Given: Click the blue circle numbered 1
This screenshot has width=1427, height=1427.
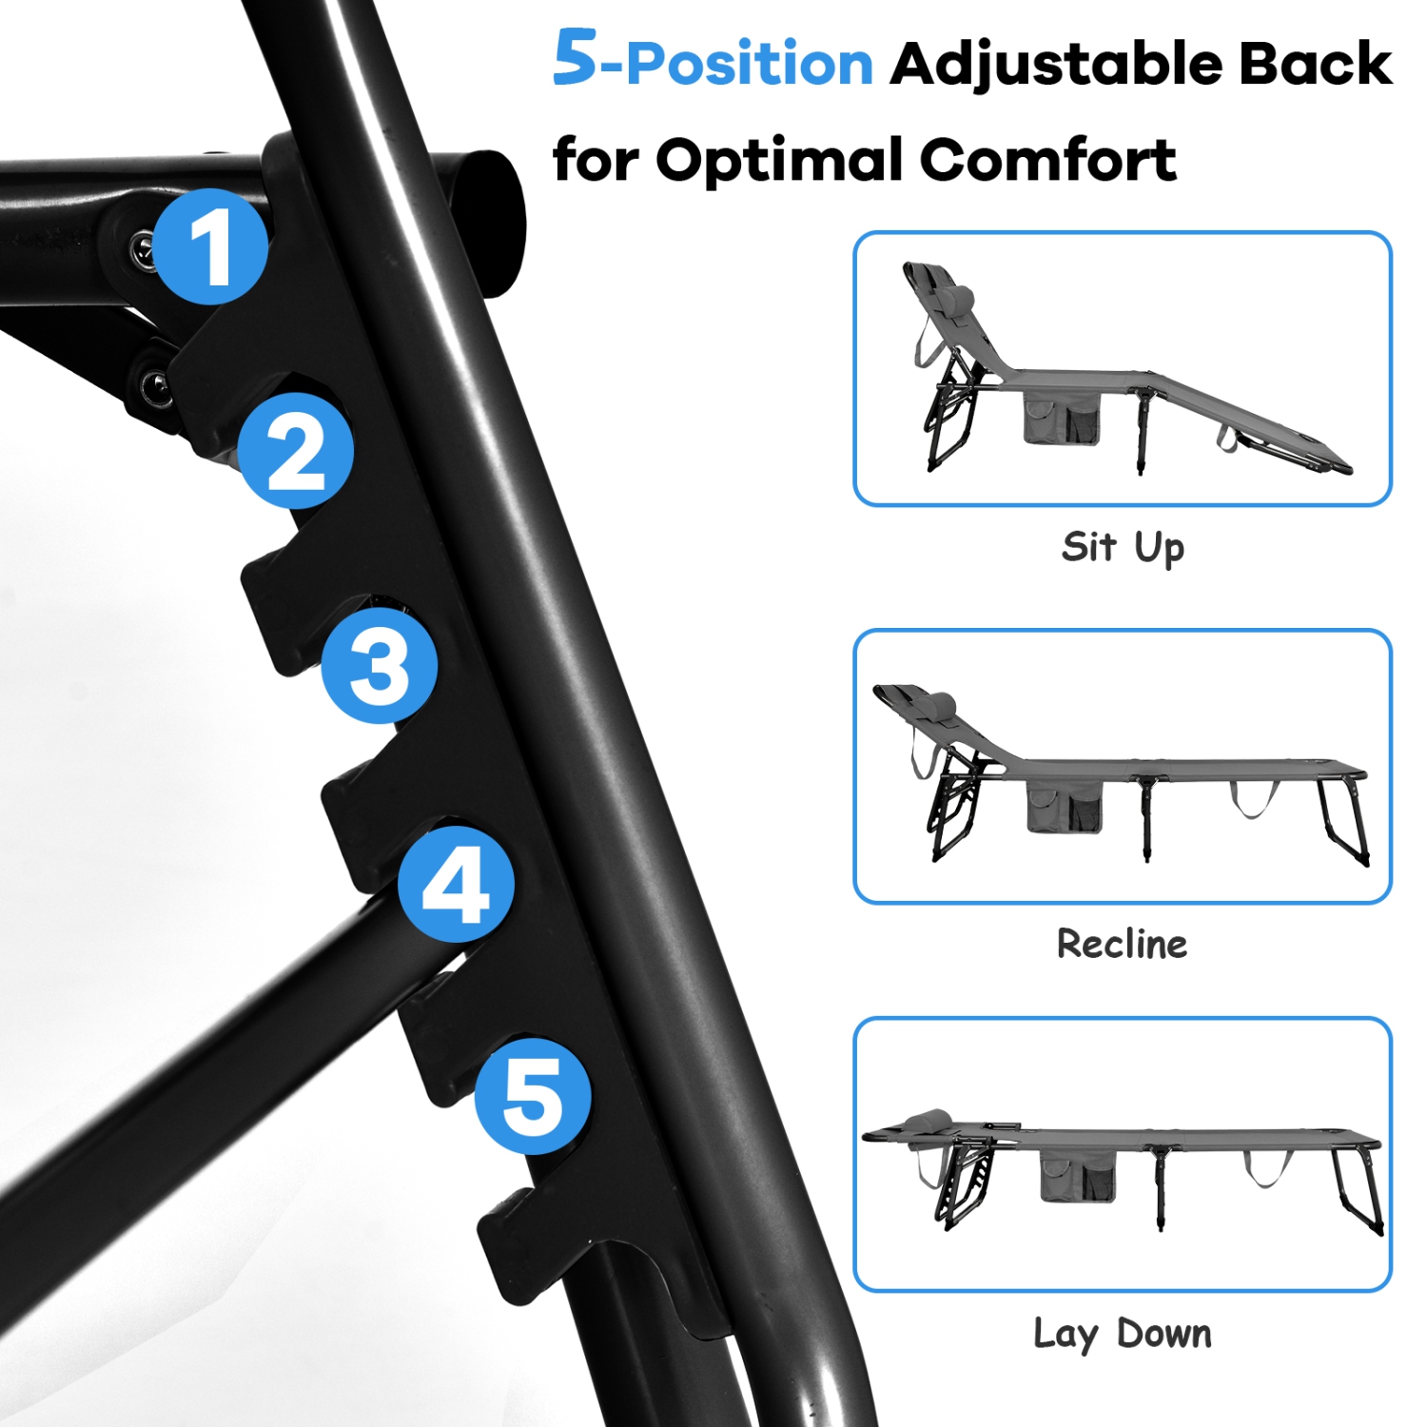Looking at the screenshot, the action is tap(210, 246).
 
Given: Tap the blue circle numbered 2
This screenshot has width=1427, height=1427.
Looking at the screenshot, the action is tap(296, 451).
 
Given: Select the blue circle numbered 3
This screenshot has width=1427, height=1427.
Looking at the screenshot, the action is tap(380, 665).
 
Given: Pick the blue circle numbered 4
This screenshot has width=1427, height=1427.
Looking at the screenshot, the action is tap(457, 884).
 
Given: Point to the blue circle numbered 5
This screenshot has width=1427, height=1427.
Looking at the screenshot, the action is tap(533, 1096).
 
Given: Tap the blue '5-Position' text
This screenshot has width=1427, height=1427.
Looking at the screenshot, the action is tap(713, 59).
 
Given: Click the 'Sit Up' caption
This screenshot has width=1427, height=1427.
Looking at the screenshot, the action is tap(1123, 548).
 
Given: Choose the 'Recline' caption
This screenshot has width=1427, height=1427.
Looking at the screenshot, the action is tap(1123, 944).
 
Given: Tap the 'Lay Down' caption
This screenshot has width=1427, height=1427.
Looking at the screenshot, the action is tap(1123, 1334).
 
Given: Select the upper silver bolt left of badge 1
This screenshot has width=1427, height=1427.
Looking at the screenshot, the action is tap(143, 249).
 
